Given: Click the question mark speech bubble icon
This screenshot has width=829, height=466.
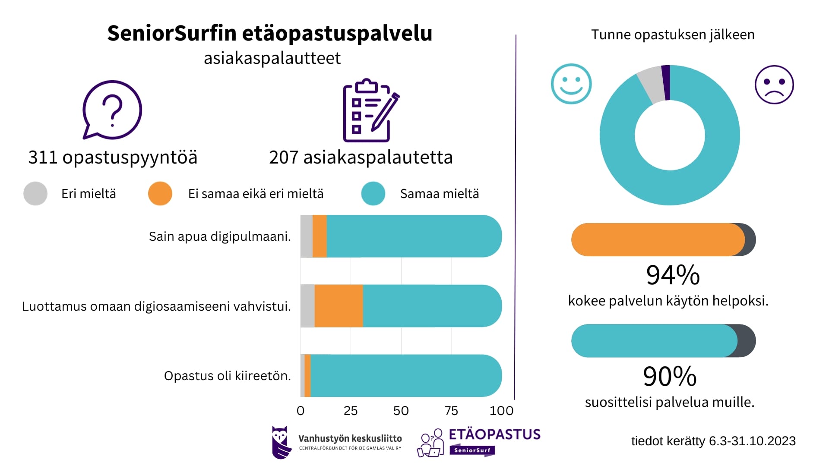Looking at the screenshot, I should [x=112, y=110].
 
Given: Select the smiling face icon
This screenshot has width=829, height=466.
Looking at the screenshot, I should [x=571, y=84].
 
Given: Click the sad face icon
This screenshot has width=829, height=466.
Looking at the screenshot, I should [x=774, y=85].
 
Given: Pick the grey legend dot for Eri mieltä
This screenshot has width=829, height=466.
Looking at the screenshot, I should [x=35, y=193].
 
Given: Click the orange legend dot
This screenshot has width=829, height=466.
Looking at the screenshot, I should [x=160, y=193].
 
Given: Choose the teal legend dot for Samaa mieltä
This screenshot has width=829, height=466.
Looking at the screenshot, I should [x=373, y=193].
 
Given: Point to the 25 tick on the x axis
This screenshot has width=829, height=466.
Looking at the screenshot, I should [x=351, y=411].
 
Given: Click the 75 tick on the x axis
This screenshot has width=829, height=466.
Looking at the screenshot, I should [x=451, y=411].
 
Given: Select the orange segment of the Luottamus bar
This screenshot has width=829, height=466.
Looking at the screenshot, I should [x=339, y=306].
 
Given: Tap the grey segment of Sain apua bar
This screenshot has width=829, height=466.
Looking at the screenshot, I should [x=306, y=236].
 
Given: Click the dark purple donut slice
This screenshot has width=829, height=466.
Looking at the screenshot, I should [x=666, y=82].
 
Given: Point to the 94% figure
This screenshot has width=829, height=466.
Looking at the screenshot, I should [x=673, y=275].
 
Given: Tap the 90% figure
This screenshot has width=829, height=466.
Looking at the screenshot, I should [x=670, y=377].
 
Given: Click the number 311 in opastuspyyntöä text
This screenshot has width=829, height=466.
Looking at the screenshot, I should [x=43, y=157].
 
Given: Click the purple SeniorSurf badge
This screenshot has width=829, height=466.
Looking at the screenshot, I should [x=472, y=450].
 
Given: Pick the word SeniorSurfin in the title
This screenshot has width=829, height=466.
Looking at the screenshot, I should [x=172, y=33].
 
